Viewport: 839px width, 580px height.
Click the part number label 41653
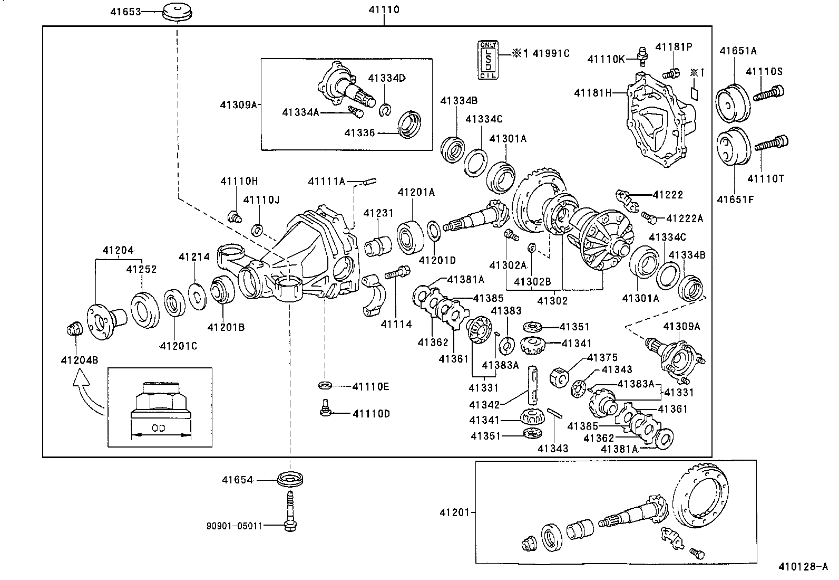pos(126,11)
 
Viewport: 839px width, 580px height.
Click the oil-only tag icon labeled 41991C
pos(487,60)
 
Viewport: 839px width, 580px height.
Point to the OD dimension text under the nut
pos(159,429)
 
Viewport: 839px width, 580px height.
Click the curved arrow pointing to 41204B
pos(90,393)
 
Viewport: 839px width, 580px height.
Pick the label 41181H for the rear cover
pos(593,93)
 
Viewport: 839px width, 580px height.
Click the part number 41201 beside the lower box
pos(456,512)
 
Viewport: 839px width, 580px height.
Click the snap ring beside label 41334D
pos(385,110)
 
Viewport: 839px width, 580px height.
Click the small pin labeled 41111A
pos(368,183)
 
